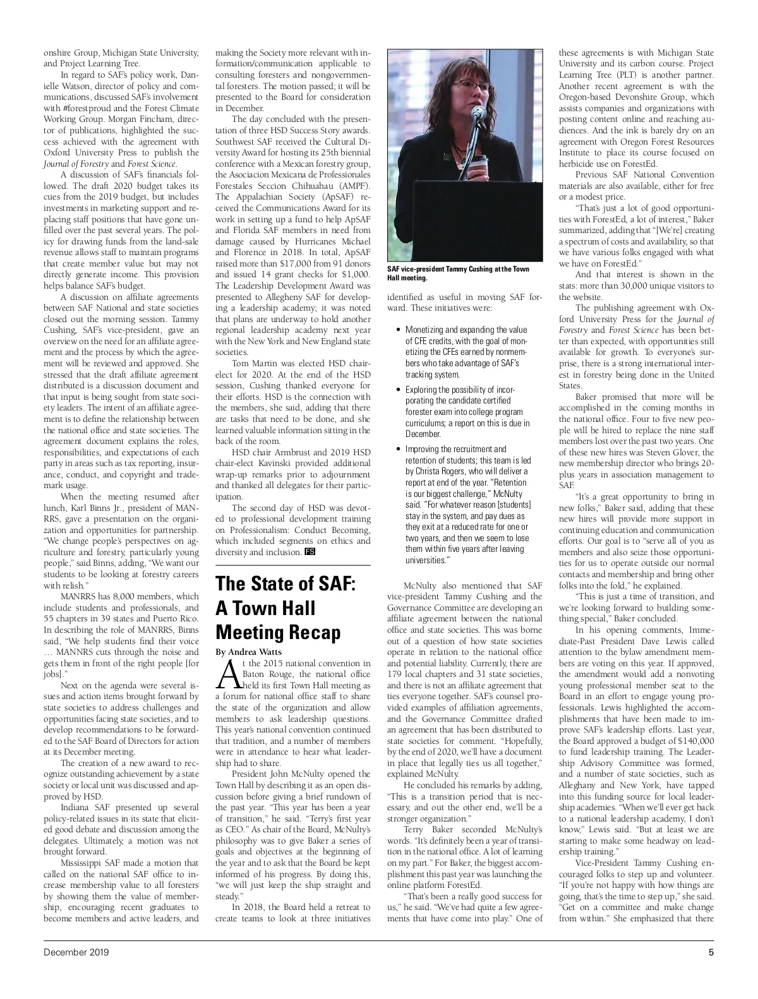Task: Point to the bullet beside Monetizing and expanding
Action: (x=397, y=330)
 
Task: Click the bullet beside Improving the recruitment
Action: (x=397, y=449)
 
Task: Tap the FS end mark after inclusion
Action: (x=310, y=552)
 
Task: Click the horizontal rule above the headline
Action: (x=292, y=565)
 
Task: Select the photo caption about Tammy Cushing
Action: (x=458, y=273)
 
